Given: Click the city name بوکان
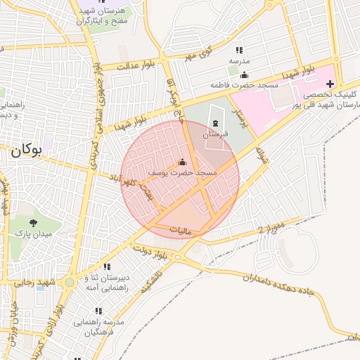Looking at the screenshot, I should click(x=26, y=150).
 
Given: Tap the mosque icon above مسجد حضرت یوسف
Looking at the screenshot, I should click(x=183, y=162).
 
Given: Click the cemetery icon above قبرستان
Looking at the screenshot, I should click(x=214, y=124).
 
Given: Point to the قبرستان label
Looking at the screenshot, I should click(x=215, y=134).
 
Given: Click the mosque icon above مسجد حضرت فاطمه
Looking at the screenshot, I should click(x=244, y=75).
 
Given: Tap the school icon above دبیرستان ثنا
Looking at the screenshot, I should click(x=107, y=266).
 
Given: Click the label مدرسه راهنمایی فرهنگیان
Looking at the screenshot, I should click(x=103, y=327).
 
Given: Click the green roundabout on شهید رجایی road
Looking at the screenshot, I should click(x=70, y=283).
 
